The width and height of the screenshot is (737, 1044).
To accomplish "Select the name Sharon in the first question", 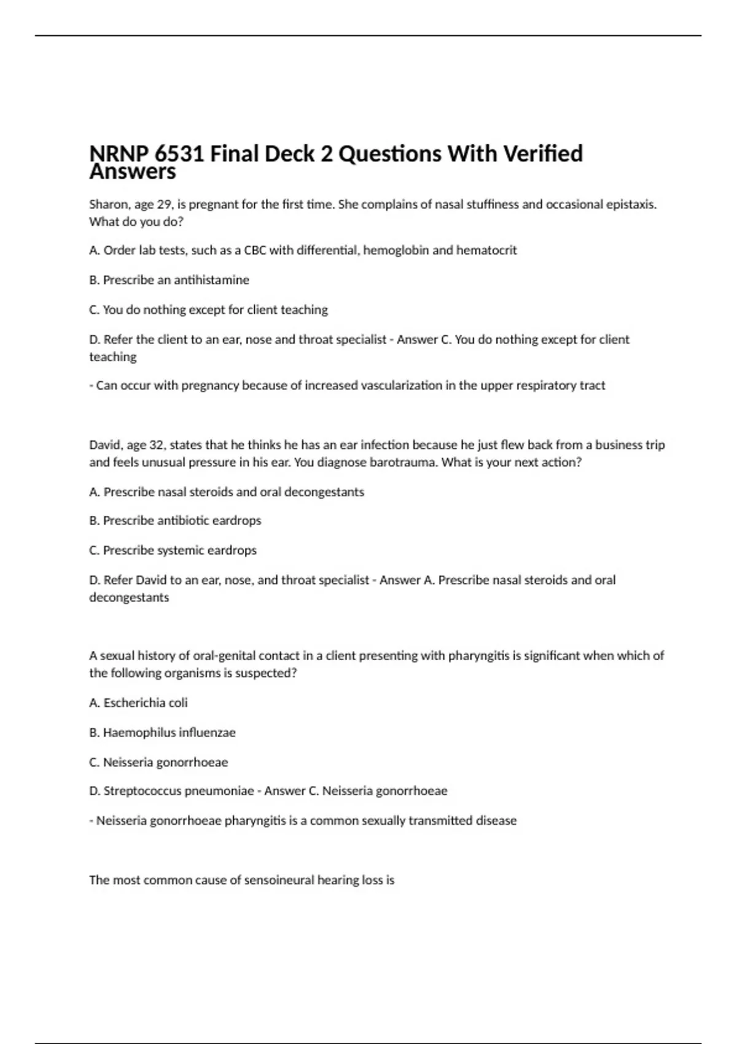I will coord(106,205).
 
